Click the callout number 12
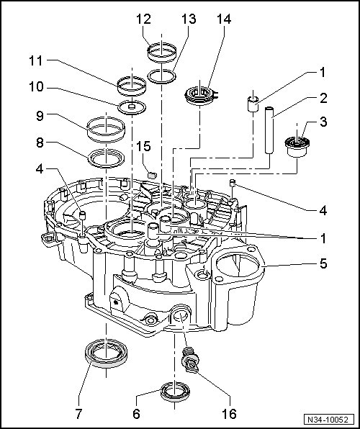(144, 19)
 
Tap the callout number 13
(189, 19)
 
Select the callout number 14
(224, 19)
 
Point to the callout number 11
(36, 60)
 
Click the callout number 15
(144, 146)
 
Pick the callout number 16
(230, 414)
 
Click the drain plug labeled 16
(191, 360)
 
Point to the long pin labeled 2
(269, 130)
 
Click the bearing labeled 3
(297, 147)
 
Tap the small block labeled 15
(152, 175)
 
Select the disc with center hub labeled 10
(132, 107)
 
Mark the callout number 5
(323, 263)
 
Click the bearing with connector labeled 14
(201, 95)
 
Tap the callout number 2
(323, 98)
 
